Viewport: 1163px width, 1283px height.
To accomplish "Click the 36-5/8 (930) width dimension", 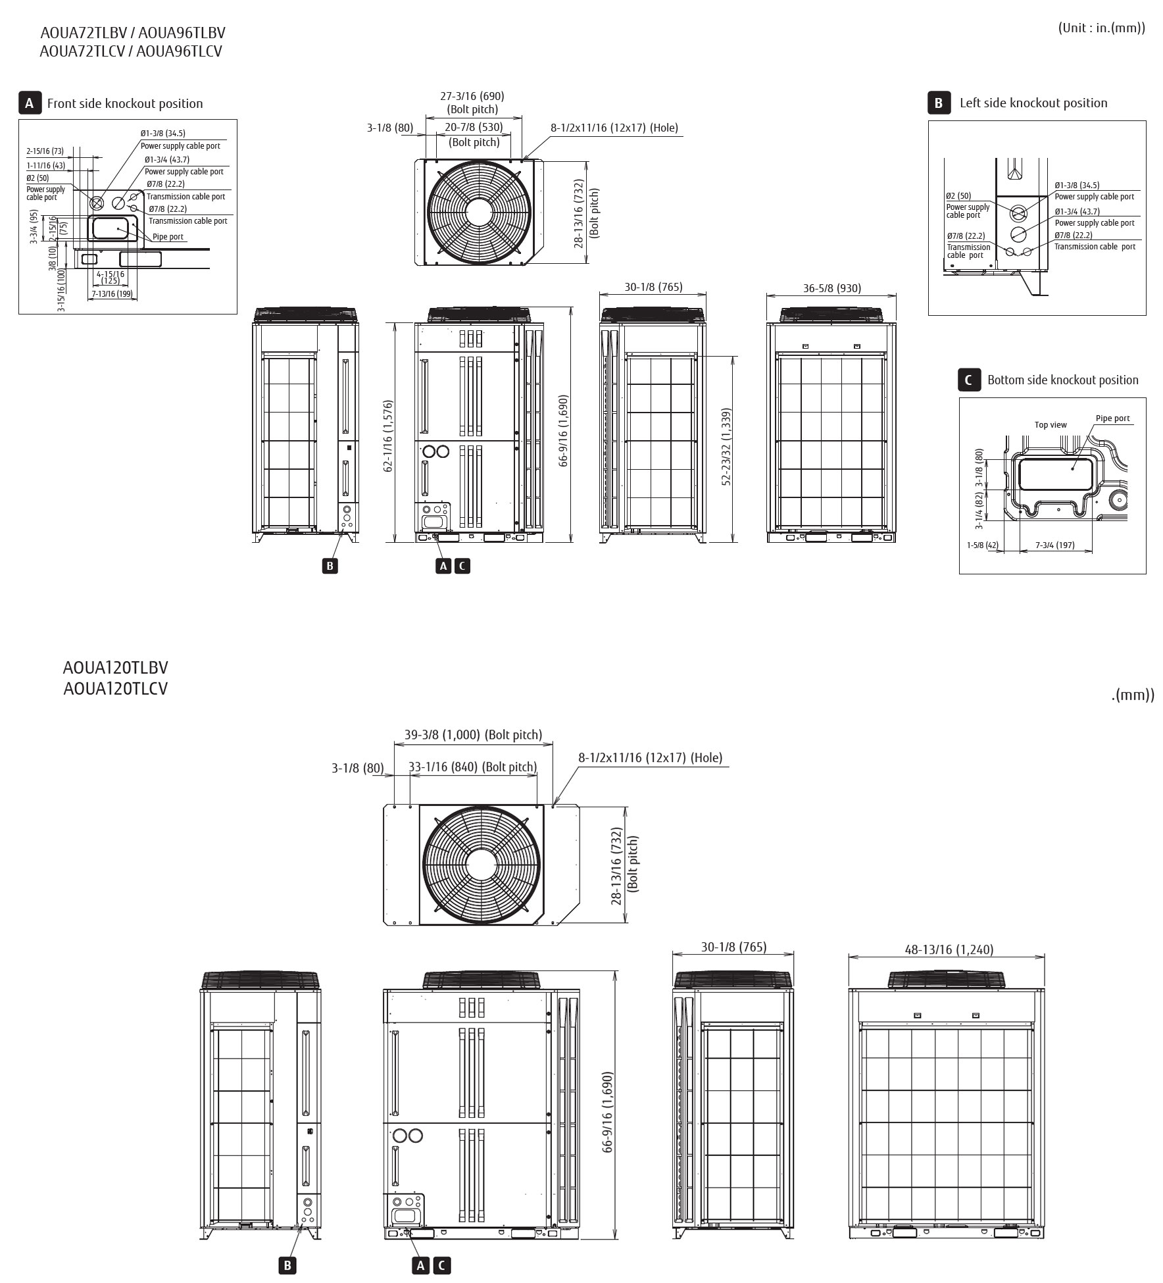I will pos(831,288).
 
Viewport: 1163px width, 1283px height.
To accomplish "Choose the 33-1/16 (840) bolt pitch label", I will pos(472,767).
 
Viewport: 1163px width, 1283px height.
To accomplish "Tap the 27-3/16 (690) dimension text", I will pos(472,96).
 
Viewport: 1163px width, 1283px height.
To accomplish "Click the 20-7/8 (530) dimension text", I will pos(474,128).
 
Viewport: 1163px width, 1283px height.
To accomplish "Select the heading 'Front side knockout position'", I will pos(125,103).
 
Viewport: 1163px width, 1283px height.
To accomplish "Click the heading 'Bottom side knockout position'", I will pos(1062,380).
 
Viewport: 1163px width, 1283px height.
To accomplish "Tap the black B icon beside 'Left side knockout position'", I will pos(939,103).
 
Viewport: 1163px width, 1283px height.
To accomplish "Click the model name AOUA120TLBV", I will pos(115,667).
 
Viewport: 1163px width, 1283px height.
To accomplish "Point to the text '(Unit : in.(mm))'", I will pos(1101,28).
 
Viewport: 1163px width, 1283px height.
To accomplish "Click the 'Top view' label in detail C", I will pos(1051,425).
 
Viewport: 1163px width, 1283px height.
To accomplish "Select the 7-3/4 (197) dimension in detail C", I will pos(1054,545).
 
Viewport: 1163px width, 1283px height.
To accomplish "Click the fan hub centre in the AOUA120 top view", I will pos(482,865).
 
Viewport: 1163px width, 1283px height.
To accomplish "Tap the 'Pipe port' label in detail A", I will pos(168,237).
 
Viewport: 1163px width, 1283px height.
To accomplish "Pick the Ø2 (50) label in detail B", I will pos(958,196).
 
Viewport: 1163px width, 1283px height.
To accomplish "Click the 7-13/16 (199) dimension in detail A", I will pos(112,293).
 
